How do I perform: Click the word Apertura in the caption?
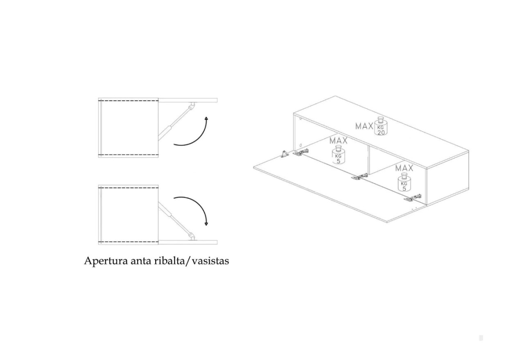click(106, 261)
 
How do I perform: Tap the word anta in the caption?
click(141, 261)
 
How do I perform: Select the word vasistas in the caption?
click(210, 261)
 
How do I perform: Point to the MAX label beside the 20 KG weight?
click(364, 126)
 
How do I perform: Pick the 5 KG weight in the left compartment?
click(339, 155)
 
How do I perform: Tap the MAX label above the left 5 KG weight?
click(339, 141)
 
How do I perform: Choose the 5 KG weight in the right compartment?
click(404, 182)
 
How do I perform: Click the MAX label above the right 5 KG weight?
click(404, 168)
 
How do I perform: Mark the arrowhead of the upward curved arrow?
click(206, 118)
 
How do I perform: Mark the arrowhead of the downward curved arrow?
click(206, 224)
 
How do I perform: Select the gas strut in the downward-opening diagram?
click(176, 221)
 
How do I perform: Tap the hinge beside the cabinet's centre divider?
click(359, 176)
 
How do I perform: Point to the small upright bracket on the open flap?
click(285, 154)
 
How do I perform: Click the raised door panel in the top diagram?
click(188, 100)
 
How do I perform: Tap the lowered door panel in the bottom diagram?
click(188, 242)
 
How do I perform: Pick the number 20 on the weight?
click(381, 133)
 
